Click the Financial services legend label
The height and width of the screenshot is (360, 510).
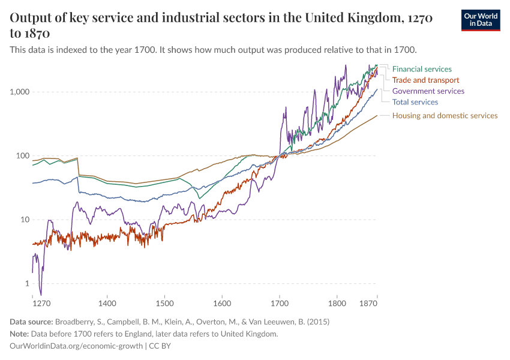coord(422,69)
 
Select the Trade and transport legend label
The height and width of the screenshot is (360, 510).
coord(425,80)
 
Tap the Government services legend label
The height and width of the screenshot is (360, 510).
coord(428,91)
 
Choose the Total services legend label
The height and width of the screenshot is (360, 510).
coord(415,102)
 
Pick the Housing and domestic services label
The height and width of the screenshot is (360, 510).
coord(445,115)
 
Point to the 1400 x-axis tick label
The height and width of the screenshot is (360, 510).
coord(107,304)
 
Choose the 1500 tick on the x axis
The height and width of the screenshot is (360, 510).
coord(164,304)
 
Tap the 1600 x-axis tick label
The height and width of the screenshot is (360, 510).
coord(222,304)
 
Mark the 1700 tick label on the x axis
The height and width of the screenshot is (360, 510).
coord(279,304)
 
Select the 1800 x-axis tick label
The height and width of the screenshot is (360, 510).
coord(337,304)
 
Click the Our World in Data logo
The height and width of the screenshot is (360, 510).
coord(480,20)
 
